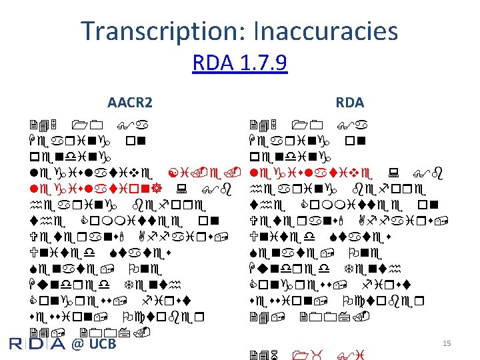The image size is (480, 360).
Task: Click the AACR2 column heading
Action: pyautogui.click(x=130, y=103)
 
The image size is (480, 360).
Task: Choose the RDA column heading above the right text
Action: pyautogui.click(x=349, y=103)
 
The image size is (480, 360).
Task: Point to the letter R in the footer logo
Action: pyautogui.click(x=19, y=344)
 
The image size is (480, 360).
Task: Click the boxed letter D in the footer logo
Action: pyautogui.click(x=37, y=344)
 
